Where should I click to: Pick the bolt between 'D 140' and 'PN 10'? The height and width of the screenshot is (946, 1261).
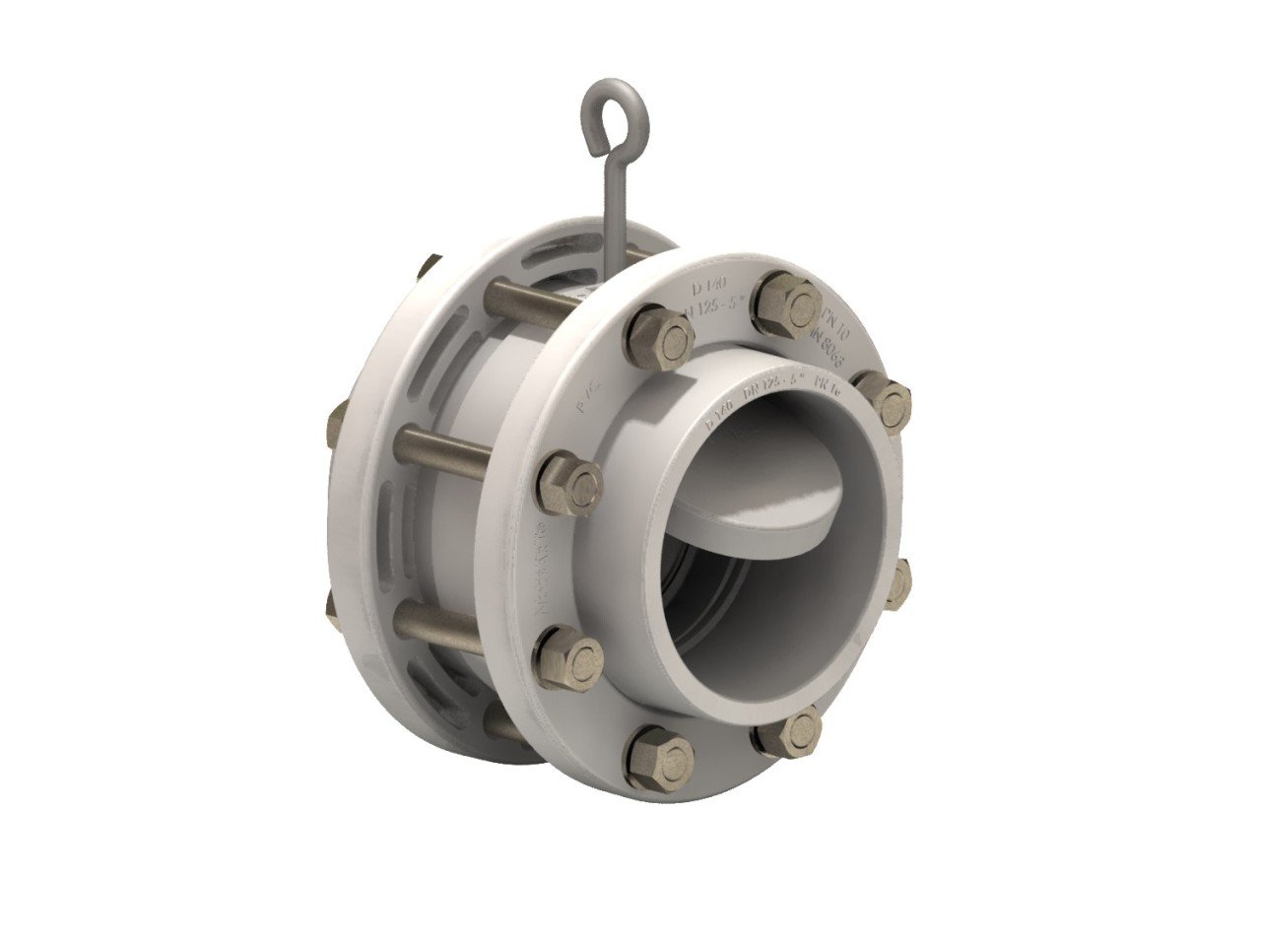(787, 301)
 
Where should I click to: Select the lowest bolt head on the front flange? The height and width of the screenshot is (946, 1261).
(659, 756)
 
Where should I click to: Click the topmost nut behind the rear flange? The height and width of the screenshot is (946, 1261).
(430, 266)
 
